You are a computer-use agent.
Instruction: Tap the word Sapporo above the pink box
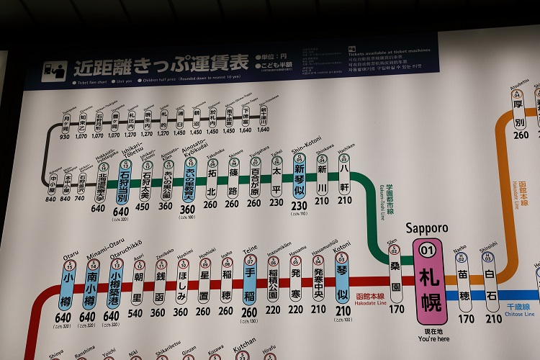[427, 228]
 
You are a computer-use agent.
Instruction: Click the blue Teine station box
[250, 283]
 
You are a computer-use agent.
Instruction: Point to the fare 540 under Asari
[135, 313]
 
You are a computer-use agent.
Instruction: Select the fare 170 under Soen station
[395, 310]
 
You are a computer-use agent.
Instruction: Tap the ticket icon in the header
[53, 70]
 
